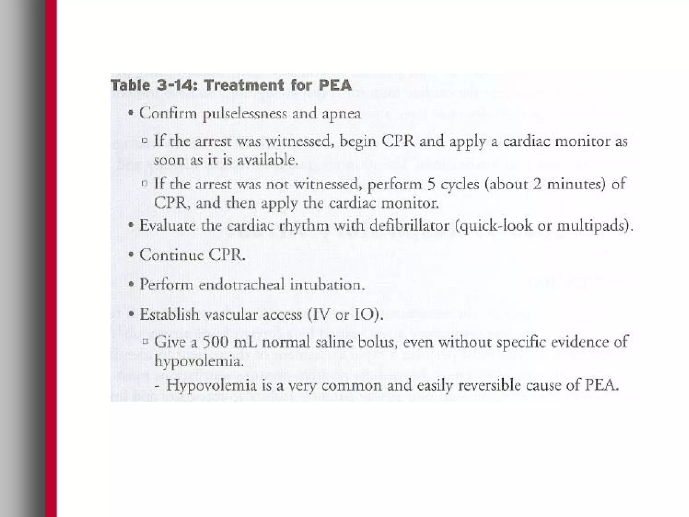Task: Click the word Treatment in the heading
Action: (244, 85)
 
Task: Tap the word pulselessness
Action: (245, 114)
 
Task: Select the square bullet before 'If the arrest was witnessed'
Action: (145, 141)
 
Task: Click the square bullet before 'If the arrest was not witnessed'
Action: (145, 184)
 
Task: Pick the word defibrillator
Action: (409, 225)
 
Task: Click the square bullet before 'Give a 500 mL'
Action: (145, 342)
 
